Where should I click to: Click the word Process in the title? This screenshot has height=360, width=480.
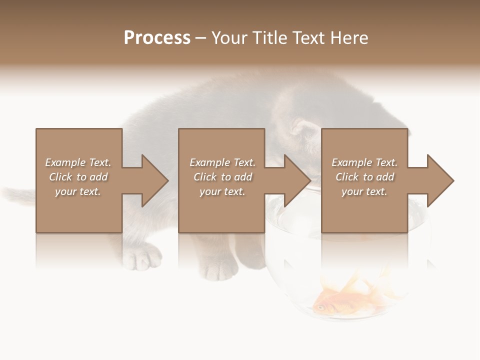pos(157,38)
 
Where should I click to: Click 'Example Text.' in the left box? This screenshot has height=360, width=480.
pos(78,162)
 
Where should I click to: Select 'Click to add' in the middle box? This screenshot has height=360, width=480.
pos(222,177)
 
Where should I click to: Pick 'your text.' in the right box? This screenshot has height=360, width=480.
pos(364,191)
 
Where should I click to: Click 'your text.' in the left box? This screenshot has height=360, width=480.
pos(78,191)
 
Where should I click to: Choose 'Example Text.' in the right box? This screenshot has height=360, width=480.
pos(364,162)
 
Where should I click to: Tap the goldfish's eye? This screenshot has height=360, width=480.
pos(319,307)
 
